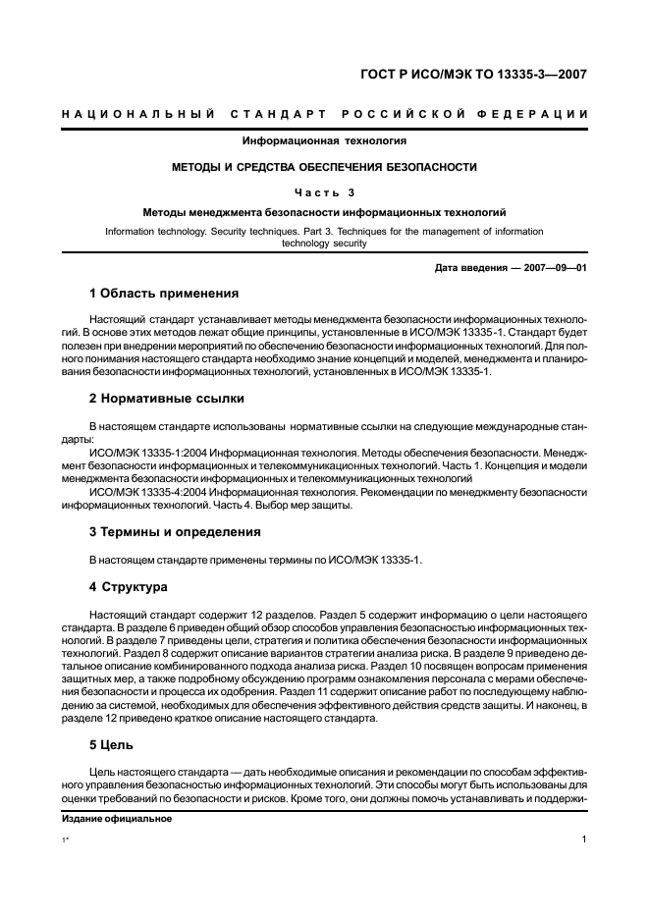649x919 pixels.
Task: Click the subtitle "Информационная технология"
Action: coord(324,142)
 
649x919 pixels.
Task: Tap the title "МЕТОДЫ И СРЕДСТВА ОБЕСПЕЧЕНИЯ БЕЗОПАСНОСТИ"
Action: coord(324,167)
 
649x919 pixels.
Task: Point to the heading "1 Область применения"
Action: coord(164,294)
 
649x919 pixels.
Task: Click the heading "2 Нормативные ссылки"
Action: coord(167,399)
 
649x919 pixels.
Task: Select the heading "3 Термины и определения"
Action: coord(175,532)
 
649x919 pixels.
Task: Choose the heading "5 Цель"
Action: coord(111,745)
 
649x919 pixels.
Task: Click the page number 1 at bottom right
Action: coord(583,840)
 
